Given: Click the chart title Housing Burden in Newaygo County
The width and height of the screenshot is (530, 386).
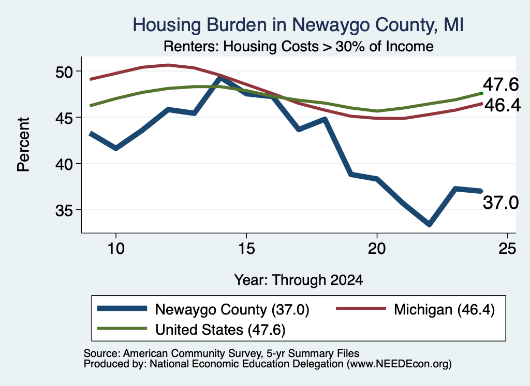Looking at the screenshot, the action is point(298,25).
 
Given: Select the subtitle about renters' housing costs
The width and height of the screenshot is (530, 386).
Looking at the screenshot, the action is point(299,46).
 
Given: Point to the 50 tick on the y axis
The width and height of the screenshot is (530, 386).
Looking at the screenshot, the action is point(64,72).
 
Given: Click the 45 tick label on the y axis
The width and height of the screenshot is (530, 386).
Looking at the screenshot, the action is point(64,118).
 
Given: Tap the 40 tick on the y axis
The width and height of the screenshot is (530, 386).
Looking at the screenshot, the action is point(64,164).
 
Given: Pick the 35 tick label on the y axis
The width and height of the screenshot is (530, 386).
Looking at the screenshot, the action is point(64,210).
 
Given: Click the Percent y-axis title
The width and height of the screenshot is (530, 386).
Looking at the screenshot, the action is point(23,145).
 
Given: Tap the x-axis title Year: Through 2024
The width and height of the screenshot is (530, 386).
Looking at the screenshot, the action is point(299,280).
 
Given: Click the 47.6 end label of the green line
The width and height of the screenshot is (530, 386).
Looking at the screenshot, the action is point(500,84).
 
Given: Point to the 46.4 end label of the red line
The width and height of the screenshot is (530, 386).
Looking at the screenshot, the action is point(503,106).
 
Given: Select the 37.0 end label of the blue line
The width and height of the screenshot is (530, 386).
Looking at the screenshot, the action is point(500,203).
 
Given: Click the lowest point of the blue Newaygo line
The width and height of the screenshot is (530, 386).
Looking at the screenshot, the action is point(429,224).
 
